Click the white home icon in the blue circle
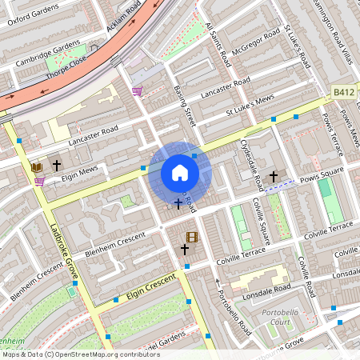click(x=179, y=173)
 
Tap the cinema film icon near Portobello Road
click(x=191, y=236)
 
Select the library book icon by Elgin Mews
click(x=36, y=166)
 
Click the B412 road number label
click(x=344, y=93)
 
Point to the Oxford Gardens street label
click(x=34, y=14)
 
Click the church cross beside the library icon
click(x=56, y=165)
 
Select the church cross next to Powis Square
click(x=274, y=175)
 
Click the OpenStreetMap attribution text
click(x=80, y=354)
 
